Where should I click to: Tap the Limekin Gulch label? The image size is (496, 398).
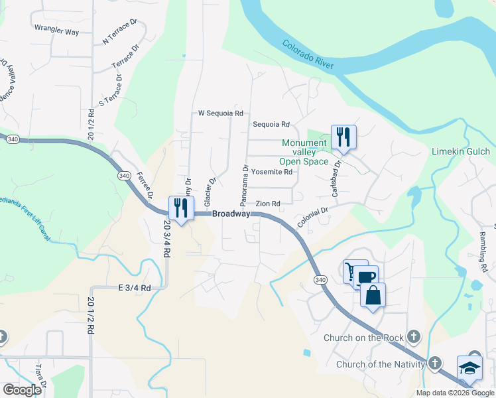[461, 152]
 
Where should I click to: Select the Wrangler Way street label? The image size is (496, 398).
[56, 31]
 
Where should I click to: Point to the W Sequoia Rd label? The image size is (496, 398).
[221, 113]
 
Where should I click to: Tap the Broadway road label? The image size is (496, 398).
[231, 214]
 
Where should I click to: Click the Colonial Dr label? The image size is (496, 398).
[313, 218]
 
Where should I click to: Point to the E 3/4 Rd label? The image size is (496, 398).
[135, 288]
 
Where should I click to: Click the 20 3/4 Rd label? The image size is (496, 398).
[166, 239]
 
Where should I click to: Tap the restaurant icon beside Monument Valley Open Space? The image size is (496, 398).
[343, 137]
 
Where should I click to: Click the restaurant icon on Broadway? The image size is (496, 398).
[181, 208]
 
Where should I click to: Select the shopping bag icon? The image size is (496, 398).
[373, 295]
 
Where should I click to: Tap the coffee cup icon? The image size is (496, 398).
[364, 277]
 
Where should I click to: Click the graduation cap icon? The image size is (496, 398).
[469, 368]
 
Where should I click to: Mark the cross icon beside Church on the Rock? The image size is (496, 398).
[414, 338]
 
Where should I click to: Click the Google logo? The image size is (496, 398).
[22, 390]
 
